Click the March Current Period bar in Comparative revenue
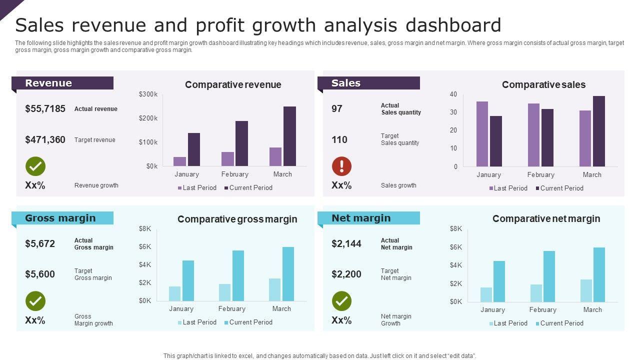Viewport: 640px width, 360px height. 289,136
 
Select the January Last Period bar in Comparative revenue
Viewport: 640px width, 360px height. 179,161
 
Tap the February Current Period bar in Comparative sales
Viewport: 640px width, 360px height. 547,137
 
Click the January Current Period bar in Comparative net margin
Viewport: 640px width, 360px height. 499,281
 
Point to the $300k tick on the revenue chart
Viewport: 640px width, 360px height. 148,94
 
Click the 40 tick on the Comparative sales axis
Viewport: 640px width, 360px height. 453,94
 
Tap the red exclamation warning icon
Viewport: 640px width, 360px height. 341,166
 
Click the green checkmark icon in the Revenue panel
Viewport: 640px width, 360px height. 35,166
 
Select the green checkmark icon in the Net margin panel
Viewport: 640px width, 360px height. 341,301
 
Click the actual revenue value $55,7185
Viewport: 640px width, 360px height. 45,108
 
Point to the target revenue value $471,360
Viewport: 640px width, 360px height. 45,139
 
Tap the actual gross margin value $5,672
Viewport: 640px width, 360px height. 40,243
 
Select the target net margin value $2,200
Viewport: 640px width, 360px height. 346,274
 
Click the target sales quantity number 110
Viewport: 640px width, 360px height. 339,139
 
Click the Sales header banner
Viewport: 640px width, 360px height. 369,83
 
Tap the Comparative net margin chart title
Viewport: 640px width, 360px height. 546,218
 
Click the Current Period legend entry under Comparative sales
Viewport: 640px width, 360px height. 559,188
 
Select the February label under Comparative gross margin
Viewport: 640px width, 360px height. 232,308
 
